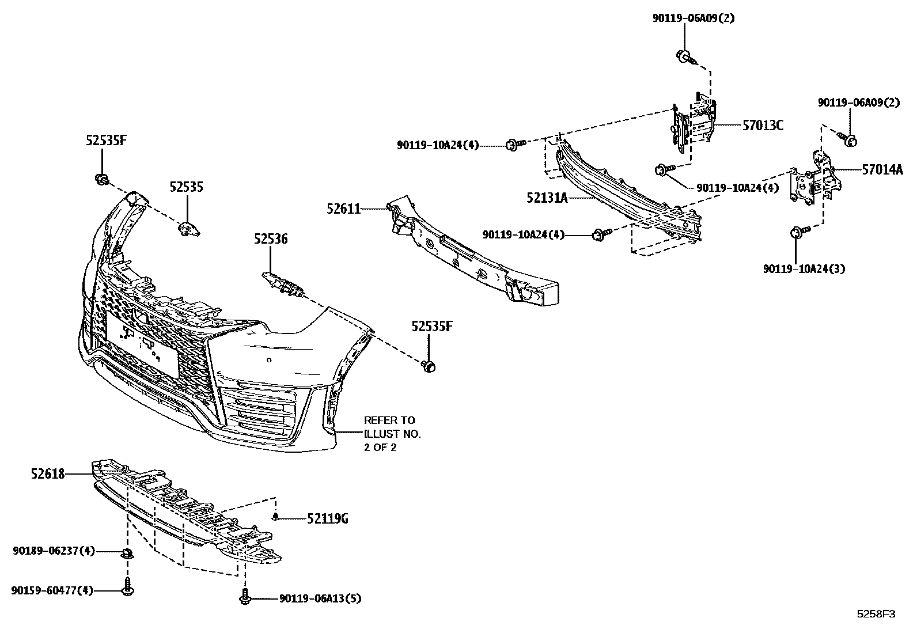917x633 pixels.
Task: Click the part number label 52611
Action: [x=343, y=209]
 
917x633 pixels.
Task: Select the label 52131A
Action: [x=547, y=198]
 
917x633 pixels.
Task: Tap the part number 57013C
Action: [x=763, y=126]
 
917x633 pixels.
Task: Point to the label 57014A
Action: [x=882, y=170]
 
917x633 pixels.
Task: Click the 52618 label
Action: [x=48, y=474]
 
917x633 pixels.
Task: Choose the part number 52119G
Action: [x=327, y=519]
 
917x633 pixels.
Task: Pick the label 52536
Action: [x=271, y=239]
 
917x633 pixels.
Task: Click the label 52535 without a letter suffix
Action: [x=186, y=187]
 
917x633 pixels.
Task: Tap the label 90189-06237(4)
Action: [x=54, y=551]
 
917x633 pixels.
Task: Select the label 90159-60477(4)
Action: [x=52, y=590]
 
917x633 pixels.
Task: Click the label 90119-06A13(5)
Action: [x=320, y=599]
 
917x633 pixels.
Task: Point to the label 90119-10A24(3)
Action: [x=804, y=269]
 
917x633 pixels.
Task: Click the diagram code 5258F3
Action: [x=876, y=614]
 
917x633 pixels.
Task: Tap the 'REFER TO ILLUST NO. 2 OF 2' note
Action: [x=392, y=434]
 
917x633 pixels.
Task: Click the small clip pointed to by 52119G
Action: [x=276, y=517]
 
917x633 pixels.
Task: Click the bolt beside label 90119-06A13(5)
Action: [x=245, y=597]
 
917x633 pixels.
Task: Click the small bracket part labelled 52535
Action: [x=189, y=229]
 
